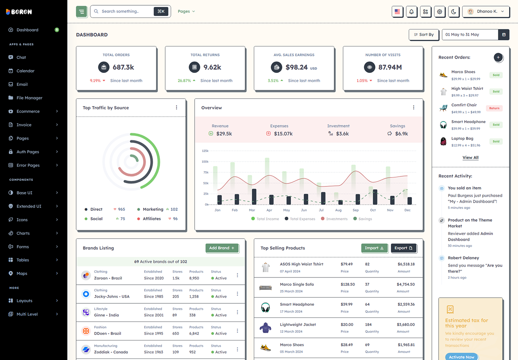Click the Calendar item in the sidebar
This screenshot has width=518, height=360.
click(x=25, y=71)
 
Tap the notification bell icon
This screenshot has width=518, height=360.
click(x=411, y=12)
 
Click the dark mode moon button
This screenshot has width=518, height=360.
click(x=454, y=12)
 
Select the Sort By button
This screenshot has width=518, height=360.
click(x=424, y=35)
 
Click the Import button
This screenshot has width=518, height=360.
click(x=374, y=248)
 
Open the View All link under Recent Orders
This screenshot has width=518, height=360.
click(x=470, y=157)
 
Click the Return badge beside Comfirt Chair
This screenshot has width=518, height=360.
click(x=494, y=108)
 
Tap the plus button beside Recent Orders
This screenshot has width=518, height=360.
click(x=498, y=57)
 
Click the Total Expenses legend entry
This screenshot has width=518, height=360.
click(x=300, y=218)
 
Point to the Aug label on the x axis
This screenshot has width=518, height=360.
click(x=338, y=210)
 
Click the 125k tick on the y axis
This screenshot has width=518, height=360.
click(x=205, y=150)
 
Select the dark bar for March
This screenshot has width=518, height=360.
click(x=254, y=197)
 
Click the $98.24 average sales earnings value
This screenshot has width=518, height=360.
click(x=297, y=67)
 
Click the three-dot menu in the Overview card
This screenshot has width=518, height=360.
click(x=414, y=108)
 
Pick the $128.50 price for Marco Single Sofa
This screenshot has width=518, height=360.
click(x=348, y=284)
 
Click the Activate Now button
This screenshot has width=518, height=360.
click(x=462, y=357)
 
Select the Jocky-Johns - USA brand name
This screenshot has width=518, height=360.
click(x=112, y=296)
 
